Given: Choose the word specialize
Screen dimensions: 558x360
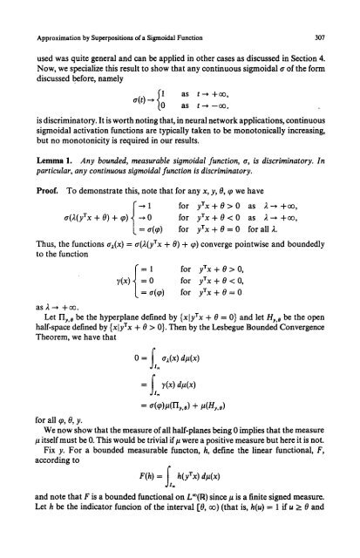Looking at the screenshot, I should pyautogui.click(x=95, y=51).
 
